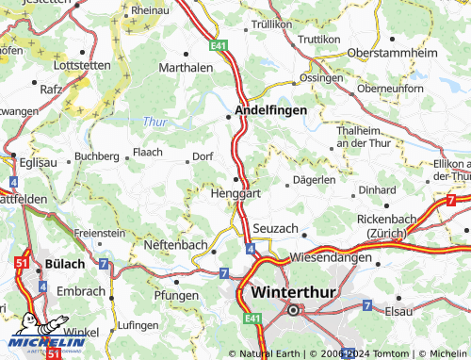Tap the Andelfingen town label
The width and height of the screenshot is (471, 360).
[270, 111]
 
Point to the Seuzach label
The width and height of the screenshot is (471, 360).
[276, 229]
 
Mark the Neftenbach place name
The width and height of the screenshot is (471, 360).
[175, 244]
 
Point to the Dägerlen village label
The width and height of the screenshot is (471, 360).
[314, 179]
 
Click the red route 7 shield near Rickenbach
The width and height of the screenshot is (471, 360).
[451, 201]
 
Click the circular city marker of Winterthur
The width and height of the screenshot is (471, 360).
[293, 309]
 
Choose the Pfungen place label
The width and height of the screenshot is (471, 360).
[176, 295]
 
